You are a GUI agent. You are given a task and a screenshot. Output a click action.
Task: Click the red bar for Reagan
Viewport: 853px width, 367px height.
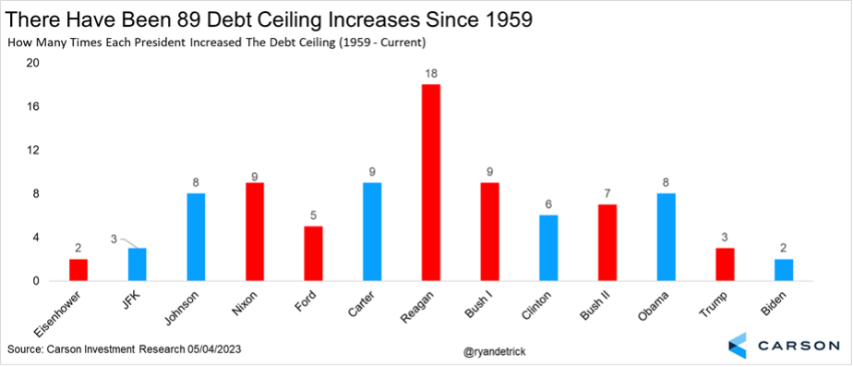(431, 183)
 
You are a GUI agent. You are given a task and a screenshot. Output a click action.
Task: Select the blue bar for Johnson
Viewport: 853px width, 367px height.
(196, 238)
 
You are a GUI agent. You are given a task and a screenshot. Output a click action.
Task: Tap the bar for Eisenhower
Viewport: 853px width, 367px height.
(78, 270)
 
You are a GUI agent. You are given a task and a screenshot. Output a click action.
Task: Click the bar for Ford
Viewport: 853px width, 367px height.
(313, 253)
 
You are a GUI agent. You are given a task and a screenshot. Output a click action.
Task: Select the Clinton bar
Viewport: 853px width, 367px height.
(549, 249)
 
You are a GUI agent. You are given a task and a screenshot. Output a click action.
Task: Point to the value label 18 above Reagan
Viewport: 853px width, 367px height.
(431, 74)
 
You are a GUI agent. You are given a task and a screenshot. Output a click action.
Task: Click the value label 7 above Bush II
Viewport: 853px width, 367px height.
(607, 194)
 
